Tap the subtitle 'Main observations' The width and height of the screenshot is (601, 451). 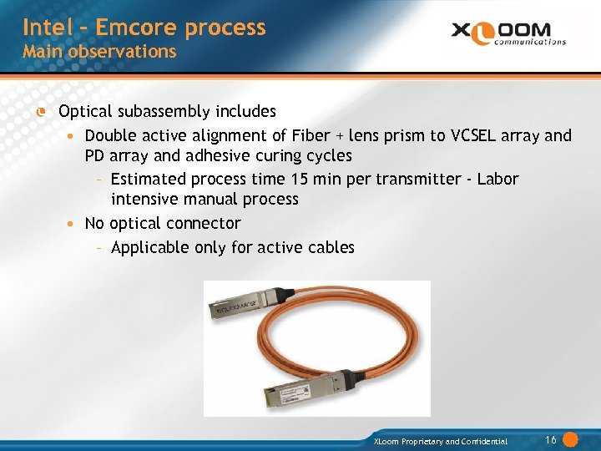pos(99,52)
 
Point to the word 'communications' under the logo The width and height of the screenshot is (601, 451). pos(530,42)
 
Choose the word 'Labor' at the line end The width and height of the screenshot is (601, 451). pos(498,179)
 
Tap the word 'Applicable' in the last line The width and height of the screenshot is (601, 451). pos(150,248)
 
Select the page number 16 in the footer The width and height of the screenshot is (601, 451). pos(551,440)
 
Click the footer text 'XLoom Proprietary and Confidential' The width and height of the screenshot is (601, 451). pos(441,441)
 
